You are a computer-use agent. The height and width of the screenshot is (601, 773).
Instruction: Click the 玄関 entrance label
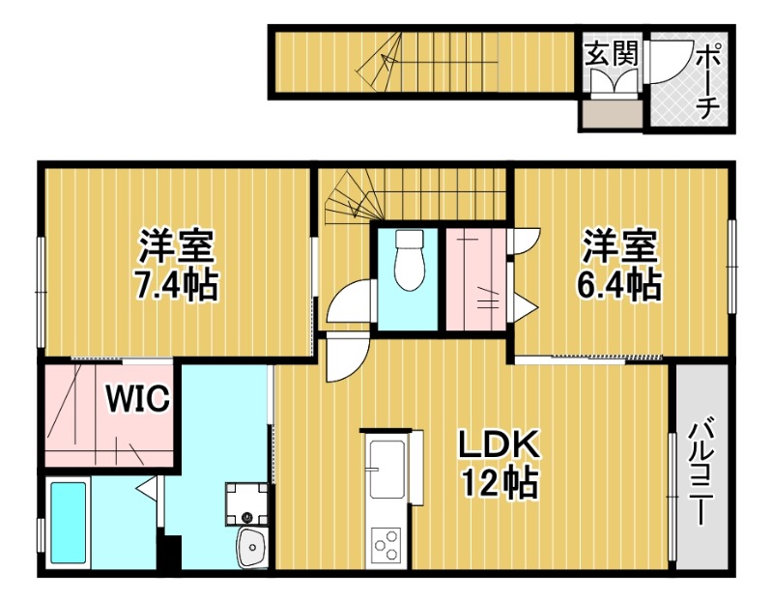[x=612, y=54]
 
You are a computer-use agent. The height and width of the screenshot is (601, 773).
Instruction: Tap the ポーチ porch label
[x=706, y=81]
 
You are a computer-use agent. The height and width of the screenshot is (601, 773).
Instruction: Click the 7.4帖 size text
[x=176, y=285]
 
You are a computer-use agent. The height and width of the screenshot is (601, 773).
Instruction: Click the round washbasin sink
[x=253, y=548]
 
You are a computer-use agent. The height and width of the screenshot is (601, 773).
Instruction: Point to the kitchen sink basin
[x=386, y=468]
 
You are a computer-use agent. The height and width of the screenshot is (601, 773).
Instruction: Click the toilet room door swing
[x=349, y=301]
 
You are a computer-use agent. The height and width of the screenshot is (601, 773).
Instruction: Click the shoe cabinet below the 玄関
[x=612, y=117]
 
